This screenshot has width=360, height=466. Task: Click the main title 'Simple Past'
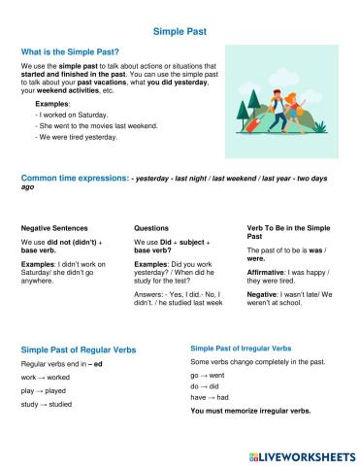(x=179, y=31)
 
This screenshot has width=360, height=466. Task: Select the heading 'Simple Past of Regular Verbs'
(x=79, y=348)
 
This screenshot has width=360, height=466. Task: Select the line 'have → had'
(x=211, y=396)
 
